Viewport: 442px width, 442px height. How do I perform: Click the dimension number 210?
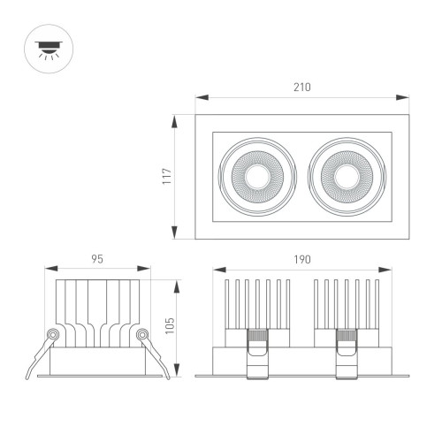[302, 88]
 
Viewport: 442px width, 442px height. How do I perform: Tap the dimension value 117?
[165, 176]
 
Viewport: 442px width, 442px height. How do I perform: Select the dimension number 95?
[97, 259]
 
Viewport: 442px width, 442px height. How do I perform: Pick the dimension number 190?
[302, 259]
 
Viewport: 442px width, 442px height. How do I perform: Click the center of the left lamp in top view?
[257, 176]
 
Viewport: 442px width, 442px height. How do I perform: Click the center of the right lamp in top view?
[347, 176]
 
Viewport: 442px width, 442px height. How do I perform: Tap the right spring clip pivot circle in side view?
[141, 335]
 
